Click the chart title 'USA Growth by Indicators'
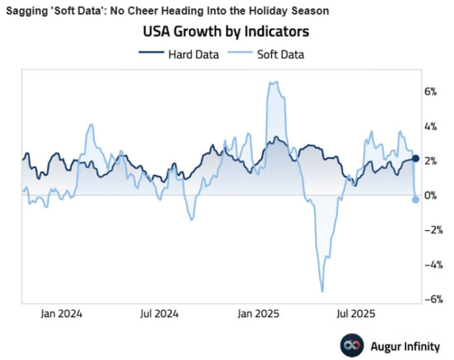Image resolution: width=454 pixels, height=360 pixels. pyautogui.click(x=226, y=31)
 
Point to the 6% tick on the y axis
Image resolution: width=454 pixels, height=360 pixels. pyautogui.click(x=430, y=91)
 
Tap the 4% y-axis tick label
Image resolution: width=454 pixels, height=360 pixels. pyautogui.click(x=430, y=126)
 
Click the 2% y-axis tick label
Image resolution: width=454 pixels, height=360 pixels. pyautogui.click(x=430, y=161)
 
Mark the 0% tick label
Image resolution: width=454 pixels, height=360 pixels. pyautogui.click(x=430, y=196)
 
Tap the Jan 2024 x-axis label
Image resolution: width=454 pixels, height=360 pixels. pyautogui.click(x=62, y=313)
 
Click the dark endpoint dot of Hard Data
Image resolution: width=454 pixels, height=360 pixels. pyautogui.click(x=416, y=159)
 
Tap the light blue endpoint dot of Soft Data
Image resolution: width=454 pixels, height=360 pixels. pyautogui.click(x=416, y=199)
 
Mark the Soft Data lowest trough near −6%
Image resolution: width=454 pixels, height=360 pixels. pyautogui.click(x=322, y=290)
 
